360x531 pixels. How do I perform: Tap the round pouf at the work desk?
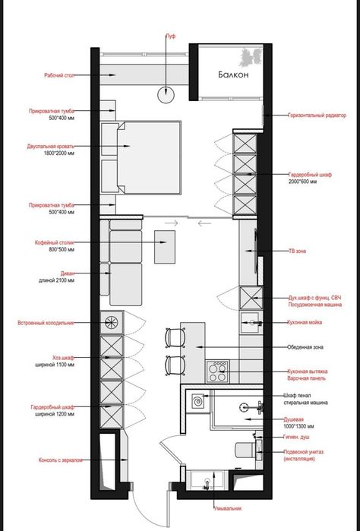166,93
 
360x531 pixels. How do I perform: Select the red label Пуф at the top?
170,36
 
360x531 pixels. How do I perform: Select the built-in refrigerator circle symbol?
112,322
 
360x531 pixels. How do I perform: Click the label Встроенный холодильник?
47,323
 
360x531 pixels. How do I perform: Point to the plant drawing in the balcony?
249,56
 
